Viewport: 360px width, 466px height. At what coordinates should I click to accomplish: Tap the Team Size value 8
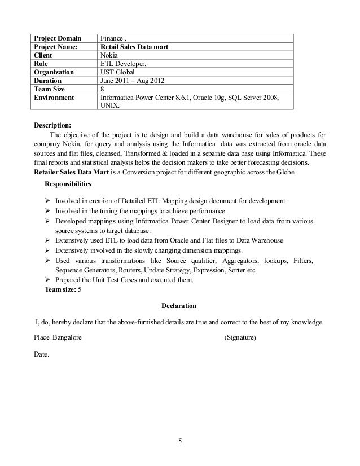[x=102, y=89]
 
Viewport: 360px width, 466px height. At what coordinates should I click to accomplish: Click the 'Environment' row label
[x=54, y=98]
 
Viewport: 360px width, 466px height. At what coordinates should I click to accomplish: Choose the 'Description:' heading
[x=53, y=125]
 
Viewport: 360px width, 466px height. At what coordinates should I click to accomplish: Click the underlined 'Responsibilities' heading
[x=69, y=184]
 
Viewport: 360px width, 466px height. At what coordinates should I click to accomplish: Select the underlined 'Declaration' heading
[x=179, y=306]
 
